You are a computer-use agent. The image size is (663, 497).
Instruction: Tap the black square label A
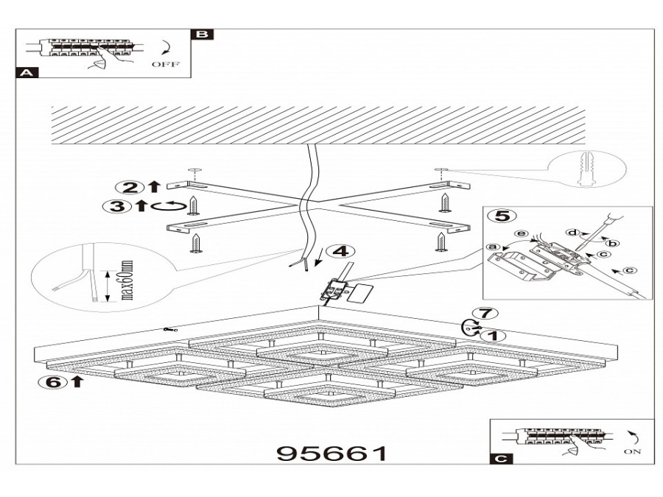(x=26, y=73)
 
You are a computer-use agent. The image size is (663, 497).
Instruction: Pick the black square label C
(x=500, y=459)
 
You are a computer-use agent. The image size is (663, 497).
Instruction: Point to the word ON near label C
(x=631, y=451)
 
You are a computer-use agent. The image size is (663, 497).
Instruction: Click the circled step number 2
(x=130, y=187)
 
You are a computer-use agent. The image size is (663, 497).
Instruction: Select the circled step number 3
(x=115, y=206)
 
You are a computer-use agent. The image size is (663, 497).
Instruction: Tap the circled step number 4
(x=338, y=251)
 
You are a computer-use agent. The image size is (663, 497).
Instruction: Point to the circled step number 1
(x=497, y=336)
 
